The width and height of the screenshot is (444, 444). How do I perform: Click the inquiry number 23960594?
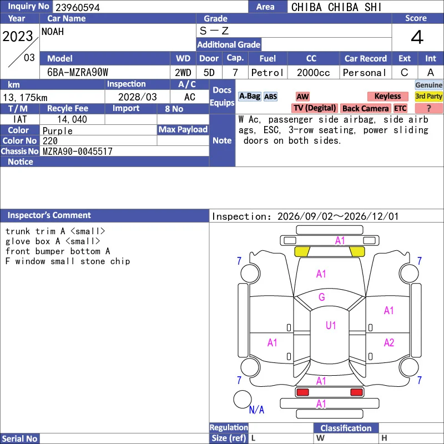(x=78, y=7)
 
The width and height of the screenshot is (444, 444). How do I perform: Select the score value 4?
(x=417, y=37)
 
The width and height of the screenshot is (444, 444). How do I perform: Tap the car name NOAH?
(x=53, y=32)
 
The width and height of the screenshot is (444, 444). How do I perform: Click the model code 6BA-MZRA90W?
(x=78, y=73)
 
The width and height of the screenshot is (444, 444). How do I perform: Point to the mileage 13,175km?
(x=25, y=98)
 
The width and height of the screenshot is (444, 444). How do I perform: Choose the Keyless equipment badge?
(x=387, y=96)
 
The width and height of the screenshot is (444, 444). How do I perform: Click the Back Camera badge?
(x=365, y=108)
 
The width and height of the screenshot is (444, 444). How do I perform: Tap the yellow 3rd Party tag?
(x=428, y=96)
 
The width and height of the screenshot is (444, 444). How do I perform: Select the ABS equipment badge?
(x=270, y=97)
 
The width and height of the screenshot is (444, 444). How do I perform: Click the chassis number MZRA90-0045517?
(x=78, y=152)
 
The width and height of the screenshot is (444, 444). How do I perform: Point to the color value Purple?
(x=58, y=131)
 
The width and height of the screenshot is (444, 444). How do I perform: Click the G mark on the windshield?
(x=322, y=297)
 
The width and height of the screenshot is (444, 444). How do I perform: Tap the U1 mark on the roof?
(x=331, y=325)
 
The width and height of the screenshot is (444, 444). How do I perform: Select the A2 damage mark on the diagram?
(x=389, y=342)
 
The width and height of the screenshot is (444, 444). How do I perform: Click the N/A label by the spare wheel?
(x=256, y=410)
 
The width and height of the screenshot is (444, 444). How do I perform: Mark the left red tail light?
(x=302, y=392)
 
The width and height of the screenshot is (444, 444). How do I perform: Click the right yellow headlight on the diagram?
(x=357, y=251)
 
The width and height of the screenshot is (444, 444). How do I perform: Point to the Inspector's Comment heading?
(x=49, y=215)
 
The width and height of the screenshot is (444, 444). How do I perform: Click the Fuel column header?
(x=268, y=59)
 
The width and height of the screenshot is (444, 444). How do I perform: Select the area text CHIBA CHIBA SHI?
(x=336, y=7)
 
